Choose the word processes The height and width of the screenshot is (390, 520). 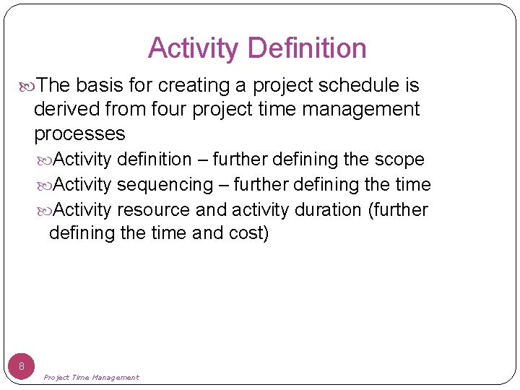coord(79,134)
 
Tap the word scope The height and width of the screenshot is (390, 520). coord(399,159)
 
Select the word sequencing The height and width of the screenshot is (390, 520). coord(165,184)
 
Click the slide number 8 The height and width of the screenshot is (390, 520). coord(22,366)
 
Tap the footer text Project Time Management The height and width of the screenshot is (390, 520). coord(91,377)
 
